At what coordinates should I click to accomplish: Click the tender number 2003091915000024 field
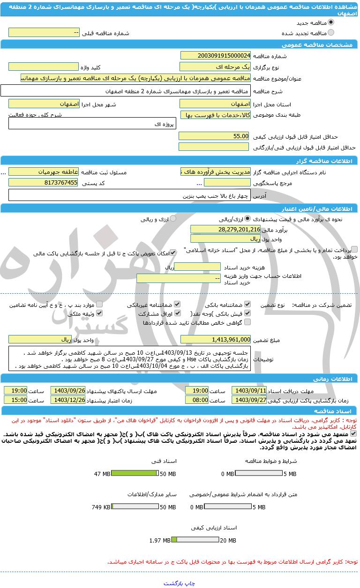[x=215, y=56]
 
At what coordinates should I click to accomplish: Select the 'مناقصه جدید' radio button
[x=331, y=22]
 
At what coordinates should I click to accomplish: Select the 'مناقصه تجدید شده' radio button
[x=331, y=33]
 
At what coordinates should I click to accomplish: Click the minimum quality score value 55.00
[x=215, y=136]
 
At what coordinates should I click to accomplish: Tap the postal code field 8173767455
[x=44, y=183]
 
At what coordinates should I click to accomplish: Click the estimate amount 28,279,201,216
[x=225, y=229]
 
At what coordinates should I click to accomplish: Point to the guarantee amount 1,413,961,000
[x=215, y=339]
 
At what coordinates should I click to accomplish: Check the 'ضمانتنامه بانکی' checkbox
[x=247, y=304]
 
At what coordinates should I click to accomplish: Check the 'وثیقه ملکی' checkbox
[x=99, y=313]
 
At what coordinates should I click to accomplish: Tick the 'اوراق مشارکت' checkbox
[x=177, y=313]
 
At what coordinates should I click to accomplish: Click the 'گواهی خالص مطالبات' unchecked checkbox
[x=247, y=322]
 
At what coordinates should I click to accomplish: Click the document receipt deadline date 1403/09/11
[x=249, y=391]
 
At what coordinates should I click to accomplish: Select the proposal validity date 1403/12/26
[x=68, y=400]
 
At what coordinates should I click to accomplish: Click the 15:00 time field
[x=16, y=400]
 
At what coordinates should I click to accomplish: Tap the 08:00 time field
[x=197, y=400]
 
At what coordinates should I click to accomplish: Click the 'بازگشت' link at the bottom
[x=173, y=583]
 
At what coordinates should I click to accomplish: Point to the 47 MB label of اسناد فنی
[x=102, y=474]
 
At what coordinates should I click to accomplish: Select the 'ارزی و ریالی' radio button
[x=173, y=219]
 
